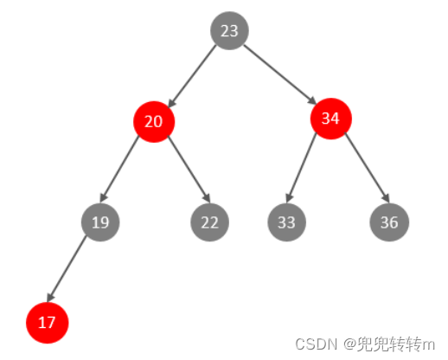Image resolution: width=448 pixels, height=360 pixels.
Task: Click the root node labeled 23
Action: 229,30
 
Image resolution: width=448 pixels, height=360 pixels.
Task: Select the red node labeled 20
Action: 154,122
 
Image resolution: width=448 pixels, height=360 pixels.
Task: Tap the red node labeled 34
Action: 331,119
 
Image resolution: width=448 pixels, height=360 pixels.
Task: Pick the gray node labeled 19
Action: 100,222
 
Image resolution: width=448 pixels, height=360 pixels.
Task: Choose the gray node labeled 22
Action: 209,222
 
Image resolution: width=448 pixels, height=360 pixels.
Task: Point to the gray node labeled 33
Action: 286,222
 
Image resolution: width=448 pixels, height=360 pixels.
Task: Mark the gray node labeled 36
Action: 389,222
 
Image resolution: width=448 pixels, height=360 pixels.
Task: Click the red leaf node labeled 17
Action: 48,323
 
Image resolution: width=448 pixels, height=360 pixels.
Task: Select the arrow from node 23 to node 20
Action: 192,76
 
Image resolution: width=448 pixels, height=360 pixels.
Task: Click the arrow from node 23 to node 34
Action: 280,74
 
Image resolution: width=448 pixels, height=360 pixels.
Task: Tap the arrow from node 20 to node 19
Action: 119,169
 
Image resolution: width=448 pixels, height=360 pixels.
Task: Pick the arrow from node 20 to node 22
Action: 189,169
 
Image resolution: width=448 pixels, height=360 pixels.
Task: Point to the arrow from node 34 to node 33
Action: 301,167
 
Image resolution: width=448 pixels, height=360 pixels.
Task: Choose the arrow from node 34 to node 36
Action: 367,168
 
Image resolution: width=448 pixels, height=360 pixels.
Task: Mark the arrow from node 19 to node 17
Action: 67,269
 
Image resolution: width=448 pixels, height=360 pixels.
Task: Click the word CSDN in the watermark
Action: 316,344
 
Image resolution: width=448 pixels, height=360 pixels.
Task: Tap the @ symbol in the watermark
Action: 350,344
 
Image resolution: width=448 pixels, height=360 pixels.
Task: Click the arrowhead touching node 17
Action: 50,297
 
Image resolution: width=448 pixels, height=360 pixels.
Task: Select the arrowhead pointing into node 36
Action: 386,197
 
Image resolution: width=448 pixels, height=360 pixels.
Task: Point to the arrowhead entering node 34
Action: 311,100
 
